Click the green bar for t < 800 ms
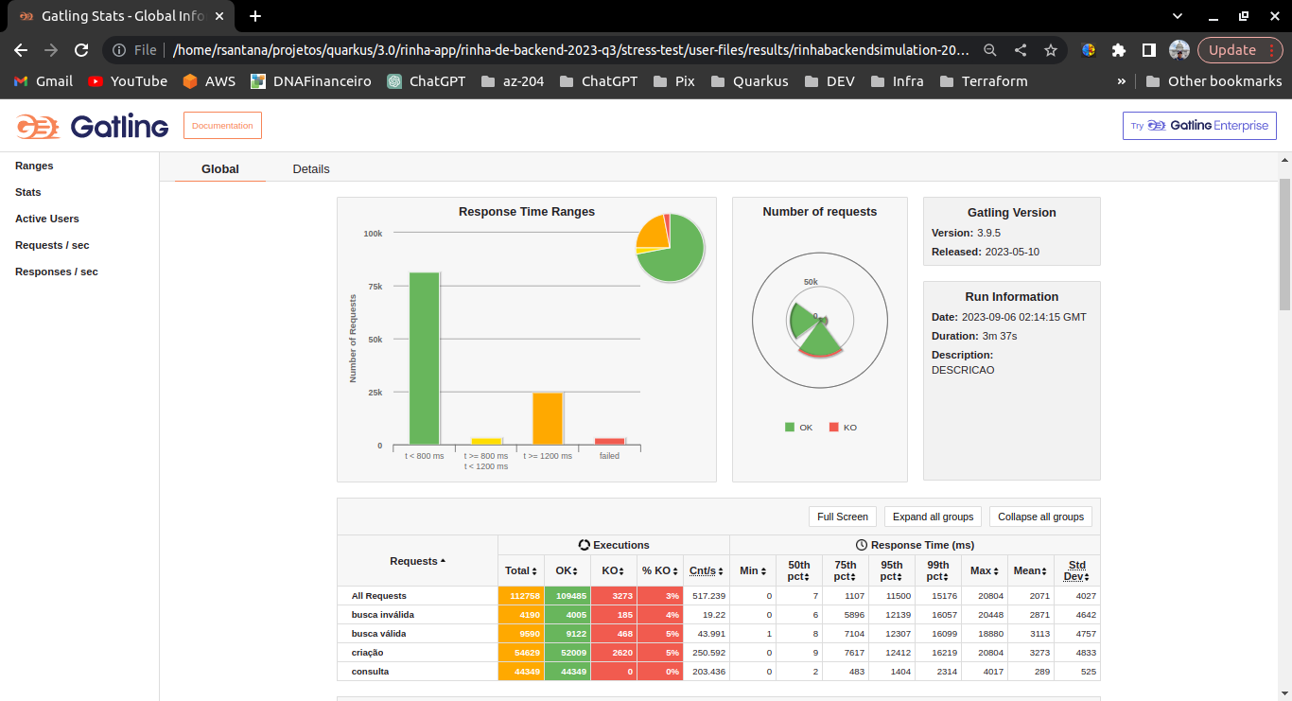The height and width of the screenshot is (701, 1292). pos(424,359)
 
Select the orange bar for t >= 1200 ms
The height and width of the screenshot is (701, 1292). pos(548,418)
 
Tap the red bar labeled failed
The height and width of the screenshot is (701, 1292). pos(609,441)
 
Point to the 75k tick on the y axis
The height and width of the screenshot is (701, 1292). pos(375,286)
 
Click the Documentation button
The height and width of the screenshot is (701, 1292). pos(222,126)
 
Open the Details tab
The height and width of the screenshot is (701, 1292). pos(311,169)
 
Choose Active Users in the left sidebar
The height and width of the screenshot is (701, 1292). pos(47,219)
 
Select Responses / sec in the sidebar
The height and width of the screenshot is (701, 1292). pos(57,272)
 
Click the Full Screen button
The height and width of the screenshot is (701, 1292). pos(842,517)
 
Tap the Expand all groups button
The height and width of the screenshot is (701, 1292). pos(933,517)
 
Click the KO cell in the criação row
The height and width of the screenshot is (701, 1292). pos(614,653)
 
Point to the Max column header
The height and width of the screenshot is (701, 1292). pos(983,570)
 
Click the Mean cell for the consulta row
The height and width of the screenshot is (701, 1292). pos(1030,672)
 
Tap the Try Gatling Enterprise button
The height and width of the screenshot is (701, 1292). pos(1199,126)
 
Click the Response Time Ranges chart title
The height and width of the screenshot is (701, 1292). pos(527,212)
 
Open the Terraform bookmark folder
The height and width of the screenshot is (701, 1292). pos(984,81)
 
